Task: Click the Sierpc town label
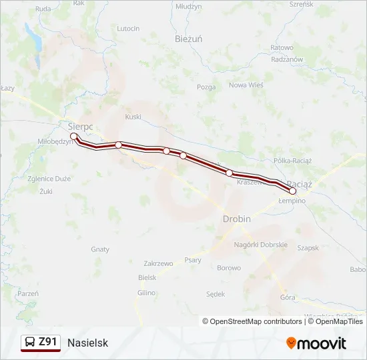coord(80,125)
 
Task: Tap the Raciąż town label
coord(300,183)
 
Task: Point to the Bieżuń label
coord(188,39)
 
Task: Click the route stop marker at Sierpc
coord(74,136)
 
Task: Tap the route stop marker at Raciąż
coord(292,191)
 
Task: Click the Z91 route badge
coord(41,342)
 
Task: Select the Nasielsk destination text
coord(87,343)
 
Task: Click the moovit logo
coord(316,343)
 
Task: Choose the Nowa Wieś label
coord(246,85)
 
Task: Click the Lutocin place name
coord(128,29)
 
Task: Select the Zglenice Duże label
coord(49,179)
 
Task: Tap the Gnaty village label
coord(100,249)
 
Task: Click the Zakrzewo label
coord(157,263)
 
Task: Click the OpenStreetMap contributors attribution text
coord(252,321)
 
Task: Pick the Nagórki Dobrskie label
coord(261,245)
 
